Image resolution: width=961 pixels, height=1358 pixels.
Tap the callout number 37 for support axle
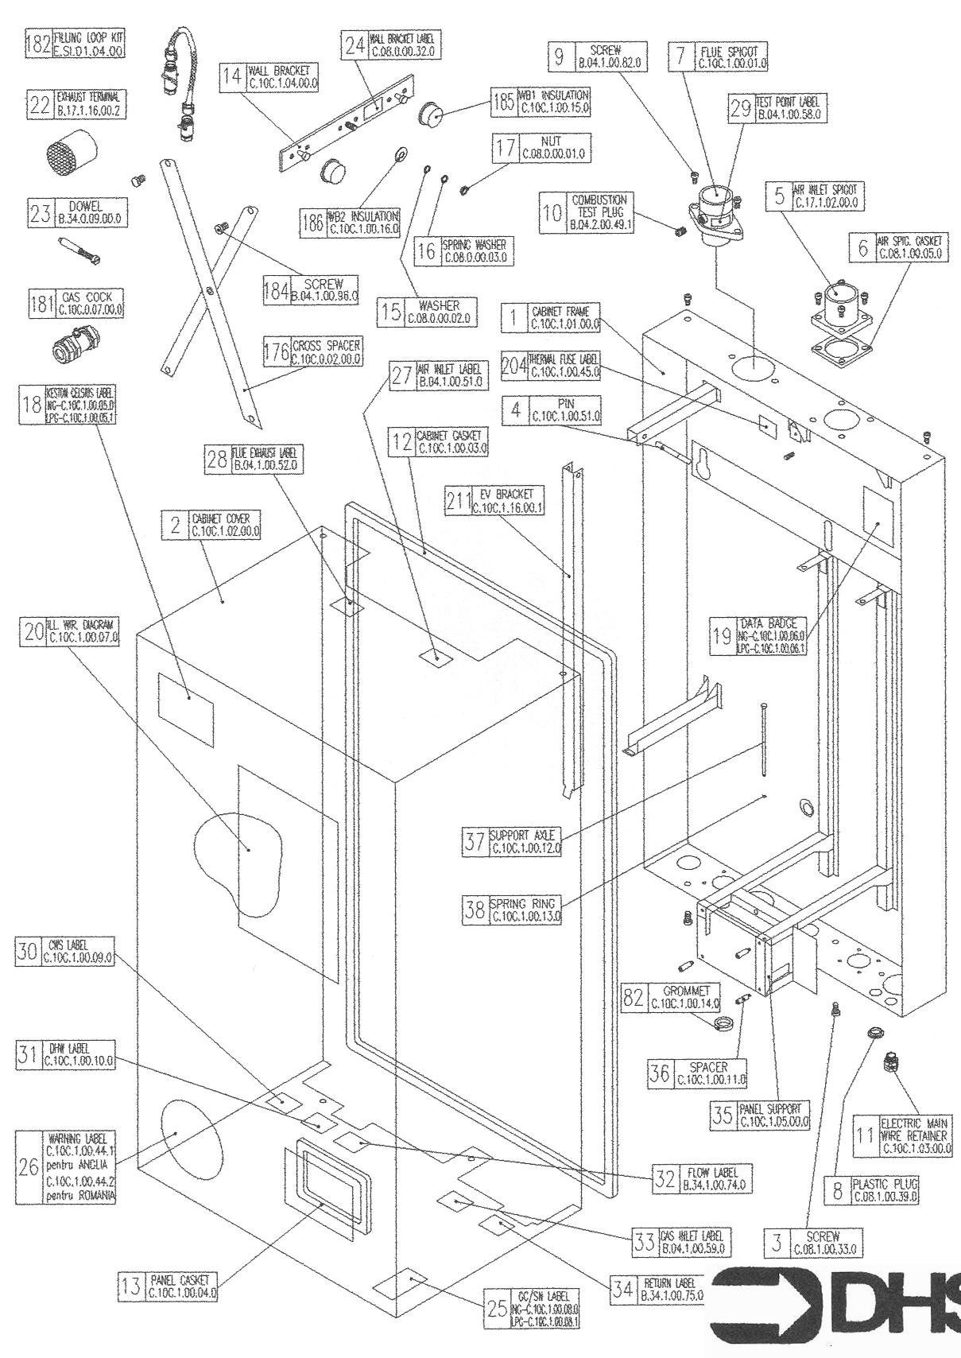[x=475, y=842]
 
